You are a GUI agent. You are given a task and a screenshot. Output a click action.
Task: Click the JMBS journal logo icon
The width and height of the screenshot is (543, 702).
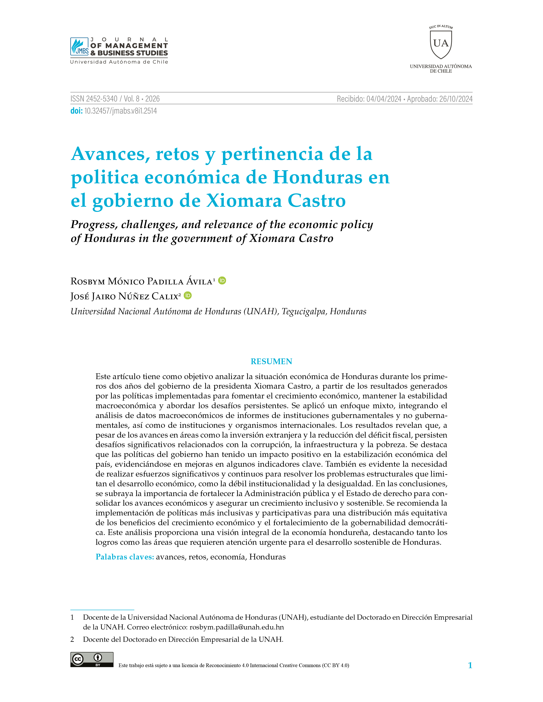tap(79, 46)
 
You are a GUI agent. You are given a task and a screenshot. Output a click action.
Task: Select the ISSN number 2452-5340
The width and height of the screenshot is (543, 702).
tap(102, 99)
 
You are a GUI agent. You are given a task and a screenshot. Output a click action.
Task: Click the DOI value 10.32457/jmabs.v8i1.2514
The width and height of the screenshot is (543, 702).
tap(120, 111)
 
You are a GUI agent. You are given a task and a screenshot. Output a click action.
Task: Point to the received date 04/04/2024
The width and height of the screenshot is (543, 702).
tap(384, 99)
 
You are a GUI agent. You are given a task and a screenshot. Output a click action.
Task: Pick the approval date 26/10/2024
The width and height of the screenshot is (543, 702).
tap(456, 99)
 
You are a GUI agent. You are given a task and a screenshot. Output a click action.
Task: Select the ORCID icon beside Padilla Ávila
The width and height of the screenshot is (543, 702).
tap(222, 281)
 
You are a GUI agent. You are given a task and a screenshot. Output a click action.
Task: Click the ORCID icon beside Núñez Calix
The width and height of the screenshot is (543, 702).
tap(188, 295)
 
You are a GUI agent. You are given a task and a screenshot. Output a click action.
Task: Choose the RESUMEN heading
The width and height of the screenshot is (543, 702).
tap(271, 362)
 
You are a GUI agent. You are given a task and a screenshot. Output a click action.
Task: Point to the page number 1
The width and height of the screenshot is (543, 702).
tap(470, 665)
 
